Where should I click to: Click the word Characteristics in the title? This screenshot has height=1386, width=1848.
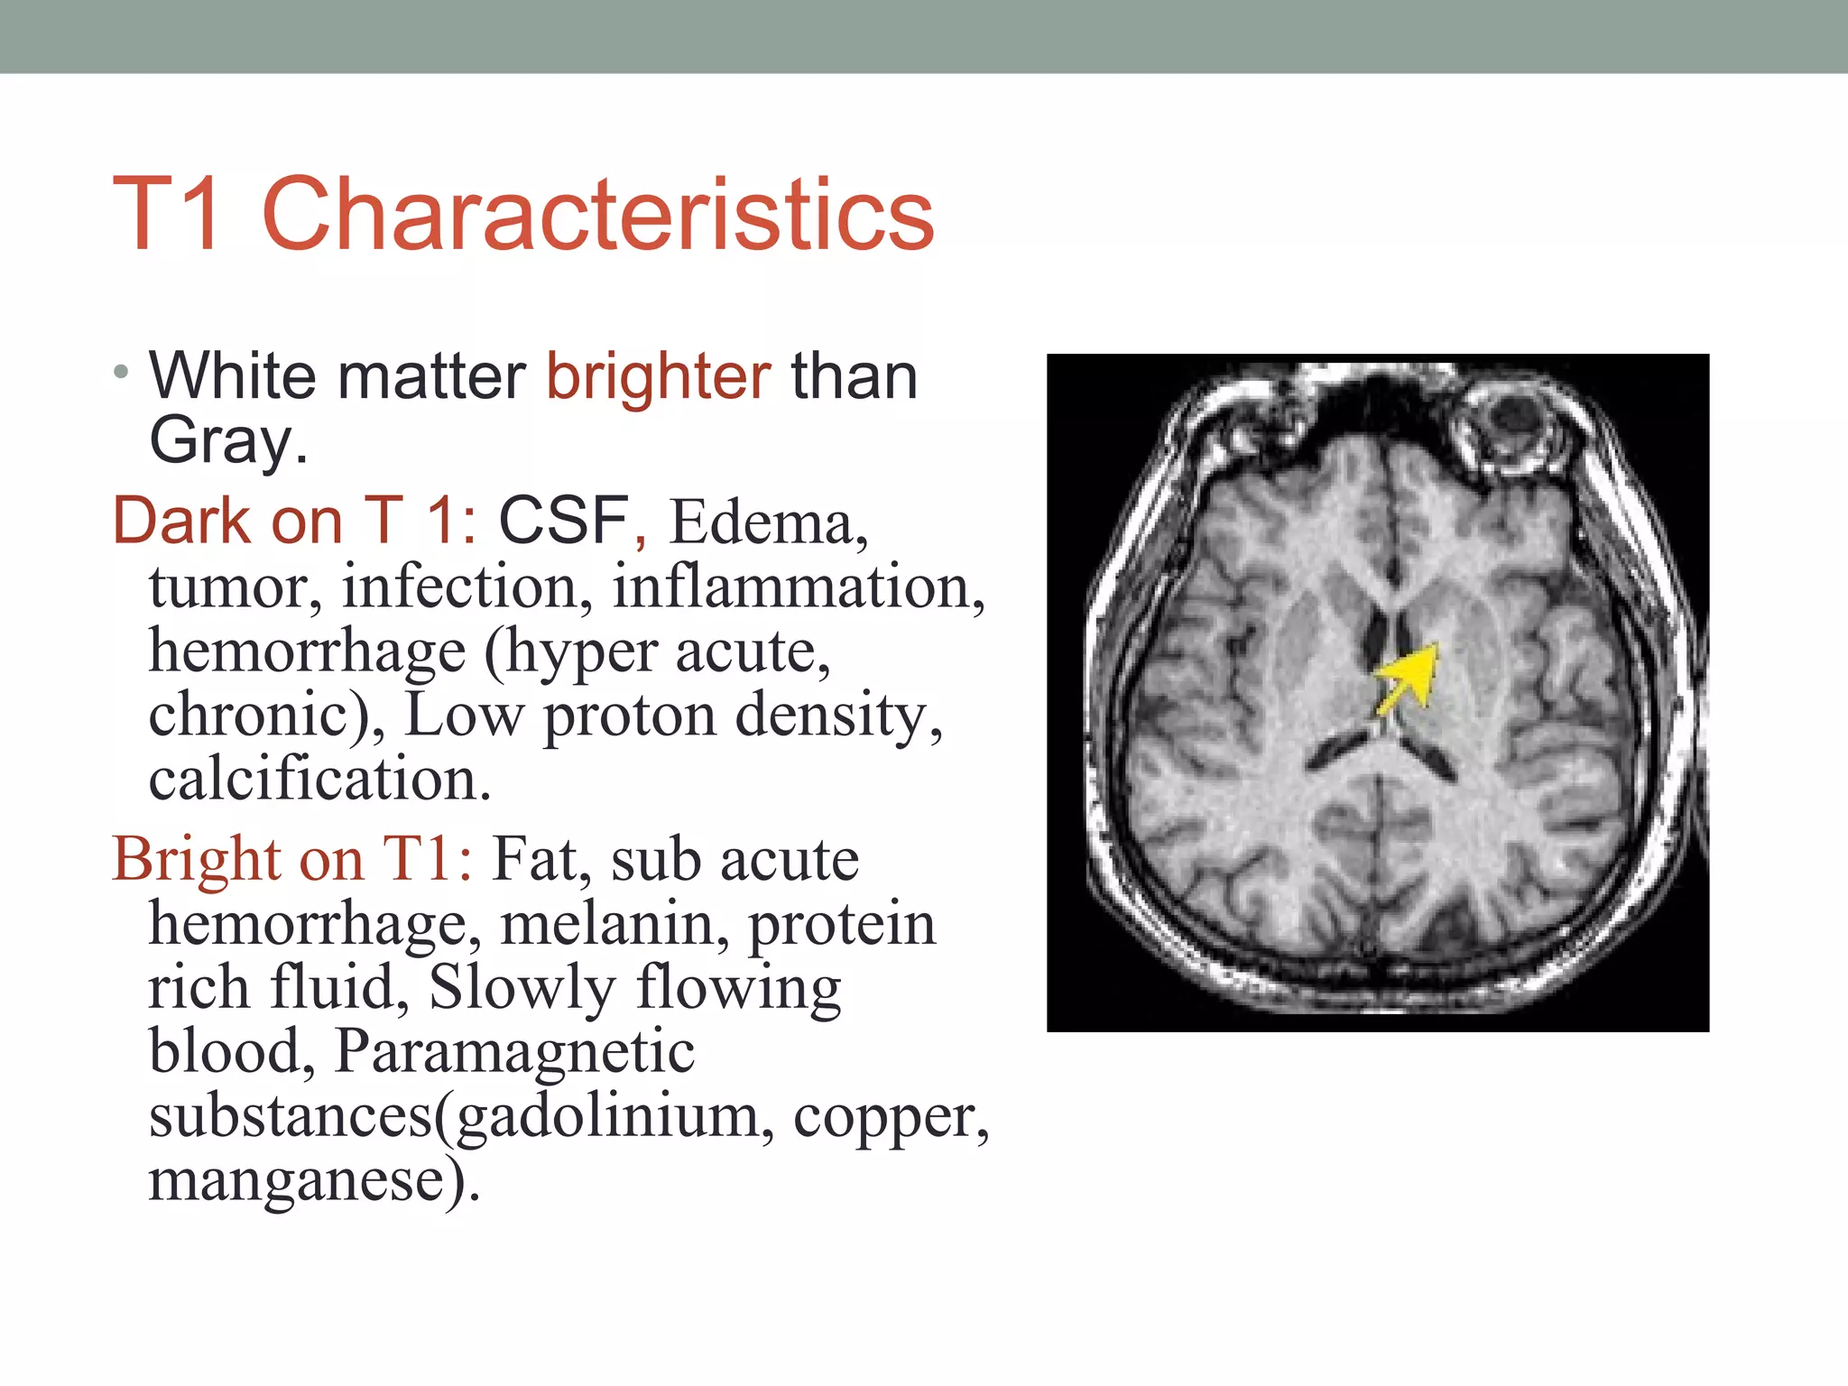[597, 215]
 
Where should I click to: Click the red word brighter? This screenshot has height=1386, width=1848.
[658, 377]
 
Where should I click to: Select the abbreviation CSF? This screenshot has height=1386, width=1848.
[563, 521]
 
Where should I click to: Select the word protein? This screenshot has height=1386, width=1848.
[843, 926]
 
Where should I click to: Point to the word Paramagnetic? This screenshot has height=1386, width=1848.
[514, 1052]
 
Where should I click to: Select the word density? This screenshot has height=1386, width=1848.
[838, 716]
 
